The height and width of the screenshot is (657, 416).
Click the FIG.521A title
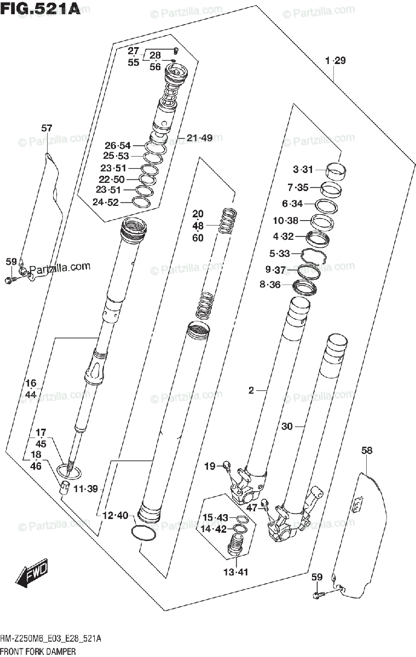(x=41, y=9)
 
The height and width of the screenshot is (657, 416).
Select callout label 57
(x=47, y=128)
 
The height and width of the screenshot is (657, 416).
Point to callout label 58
(x=367, y=451)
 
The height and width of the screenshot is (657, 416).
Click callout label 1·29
(x=334, y=61)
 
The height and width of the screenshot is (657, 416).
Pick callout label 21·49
(x=199, y=137)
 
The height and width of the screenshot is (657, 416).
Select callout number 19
(x=210, y=466)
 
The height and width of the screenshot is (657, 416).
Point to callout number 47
(x=251, y=508)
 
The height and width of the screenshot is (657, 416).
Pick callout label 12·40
(x=115, y=515)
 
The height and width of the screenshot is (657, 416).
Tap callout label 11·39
(x=86, y=488)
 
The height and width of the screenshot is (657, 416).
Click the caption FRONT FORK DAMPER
(x=38, y=652)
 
